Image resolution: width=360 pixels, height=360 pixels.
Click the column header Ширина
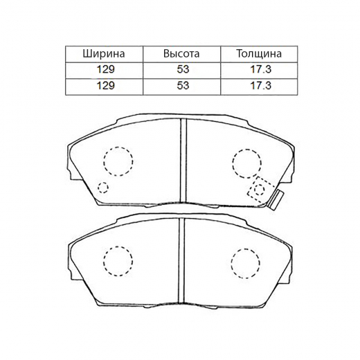pyautogui.click(x=104, y=54)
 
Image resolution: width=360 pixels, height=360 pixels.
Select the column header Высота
pyautogui.click(x=181, y=54)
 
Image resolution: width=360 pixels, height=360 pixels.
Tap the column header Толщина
pyautogui.click(x=259, y=54)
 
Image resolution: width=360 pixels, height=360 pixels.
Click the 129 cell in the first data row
pyautogui.click(x=105, y=69)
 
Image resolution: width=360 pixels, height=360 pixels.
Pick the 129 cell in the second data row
pyautogui.click(x=105, y=85)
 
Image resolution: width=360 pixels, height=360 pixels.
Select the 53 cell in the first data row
pyautogui.click(x=183, y=69)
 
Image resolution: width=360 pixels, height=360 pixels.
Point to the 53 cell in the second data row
pyautogui.click(x=183, y=85)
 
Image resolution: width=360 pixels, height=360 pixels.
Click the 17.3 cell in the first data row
pyautogui.click(x=261, y=69)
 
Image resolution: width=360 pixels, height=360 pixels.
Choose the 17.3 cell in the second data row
pyautogui.click(x=261, y=85)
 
